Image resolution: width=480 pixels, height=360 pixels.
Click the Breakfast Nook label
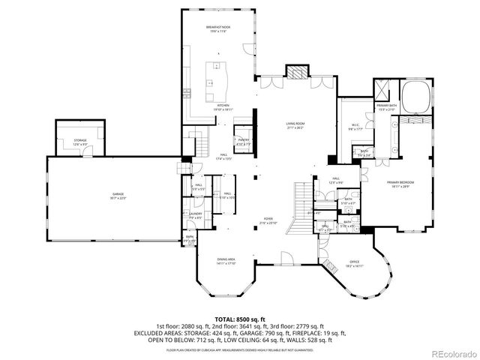click(219, 28)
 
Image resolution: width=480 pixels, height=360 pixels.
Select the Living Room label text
click(295, 125)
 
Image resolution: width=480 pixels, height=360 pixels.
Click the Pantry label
click(244, 140)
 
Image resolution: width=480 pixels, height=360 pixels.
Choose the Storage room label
click(80, 142)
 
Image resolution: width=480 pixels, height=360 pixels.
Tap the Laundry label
click(197, 215)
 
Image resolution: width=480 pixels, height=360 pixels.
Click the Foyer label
click(268, 221)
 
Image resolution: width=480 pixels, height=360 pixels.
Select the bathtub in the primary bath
click(415, 96)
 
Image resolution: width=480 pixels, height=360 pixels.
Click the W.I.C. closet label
click(356, 126)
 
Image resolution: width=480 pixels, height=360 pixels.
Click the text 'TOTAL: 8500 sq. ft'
click(239, 319)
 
